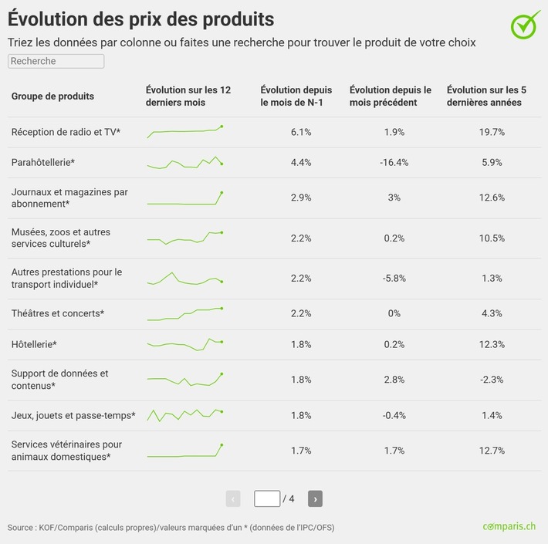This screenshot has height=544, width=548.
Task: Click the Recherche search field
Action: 56,61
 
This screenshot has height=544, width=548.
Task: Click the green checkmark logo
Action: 526,24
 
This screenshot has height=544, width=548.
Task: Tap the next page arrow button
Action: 315,498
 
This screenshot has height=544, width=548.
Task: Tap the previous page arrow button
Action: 233,498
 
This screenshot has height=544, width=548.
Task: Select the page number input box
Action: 267,498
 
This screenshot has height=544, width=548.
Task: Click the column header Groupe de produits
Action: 52,96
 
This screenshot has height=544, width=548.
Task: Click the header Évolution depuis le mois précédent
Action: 391,96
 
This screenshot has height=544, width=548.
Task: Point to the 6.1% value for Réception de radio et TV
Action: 301,132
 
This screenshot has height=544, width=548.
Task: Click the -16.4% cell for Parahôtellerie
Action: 394,162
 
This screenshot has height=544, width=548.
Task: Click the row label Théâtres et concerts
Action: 57,313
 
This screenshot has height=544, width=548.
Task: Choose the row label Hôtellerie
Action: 34,344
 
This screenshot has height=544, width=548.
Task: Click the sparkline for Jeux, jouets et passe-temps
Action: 185,414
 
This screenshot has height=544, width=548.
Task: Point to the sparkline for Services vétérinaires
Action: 185,451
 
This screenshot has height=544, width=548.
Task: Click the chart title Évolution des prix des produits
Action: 140,17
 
